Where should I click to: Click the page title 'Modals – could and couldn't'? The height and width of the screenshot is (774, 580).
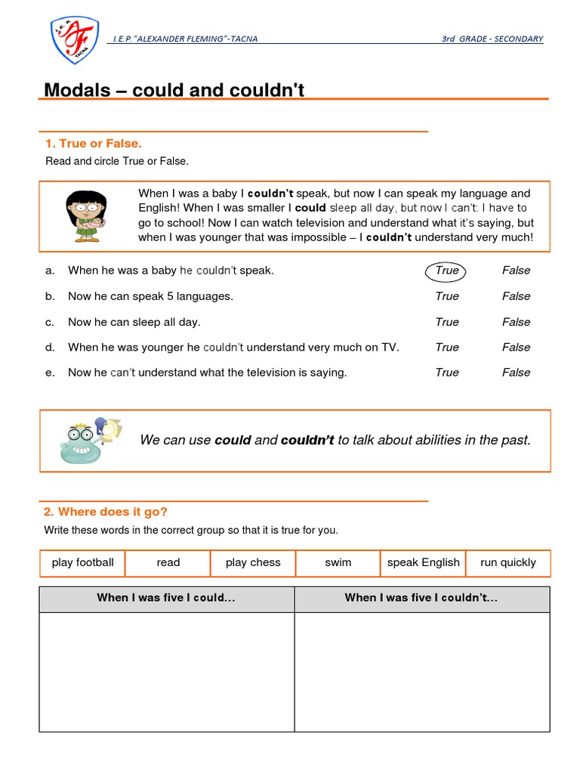174,90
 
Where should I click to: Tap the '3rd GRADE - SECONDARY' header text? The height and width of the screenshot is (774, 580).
492,39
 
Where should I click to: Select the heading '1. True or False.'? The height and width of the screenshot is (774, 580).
94,143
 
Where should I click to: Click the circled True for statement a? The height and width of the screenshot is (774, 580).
446,271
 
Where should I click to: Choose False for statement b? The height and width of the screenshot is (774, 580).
516,296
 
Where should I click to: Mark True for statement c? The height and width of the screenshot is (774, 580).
446,322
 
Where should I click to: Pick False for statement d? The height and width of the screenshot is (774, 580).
516,348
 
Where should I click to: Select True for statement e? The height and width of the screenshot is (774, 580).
446,373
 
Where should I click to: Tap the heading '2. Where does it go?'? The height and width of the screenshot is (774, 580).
106,512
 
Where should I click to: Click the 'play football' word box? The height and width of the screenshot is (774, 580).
82,562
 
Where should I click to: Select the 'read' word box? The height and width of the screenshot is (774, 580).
168,562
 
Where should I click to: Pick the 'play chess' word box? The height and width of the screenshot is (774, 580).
253,562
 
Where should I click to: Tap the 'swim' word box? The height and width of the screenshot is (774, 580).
338,562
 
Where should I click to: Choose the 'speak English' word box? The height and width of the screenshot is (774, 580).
423,562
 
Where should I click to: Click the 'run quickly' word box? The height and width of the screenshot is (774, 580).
507,562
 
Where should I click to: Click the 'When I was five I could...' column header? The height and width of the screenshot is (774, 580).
166,598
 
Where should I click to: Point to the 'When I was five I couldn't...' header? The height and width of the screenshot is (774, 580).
421,598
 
